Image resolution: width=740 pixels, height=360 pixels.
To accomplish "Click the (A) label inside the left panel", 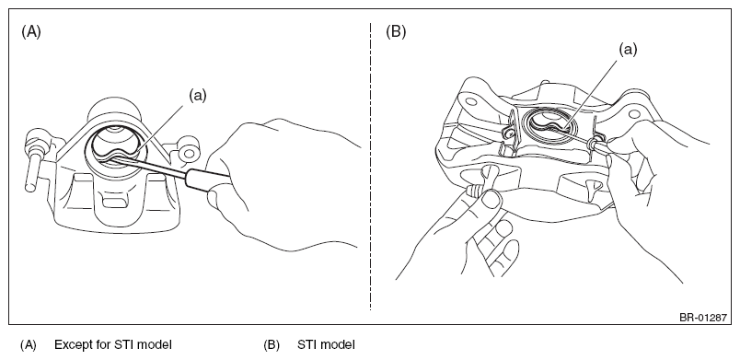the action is click(31, 32).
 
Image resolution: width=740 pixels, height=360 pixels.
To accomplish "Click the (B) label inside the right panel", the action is click(396, 32).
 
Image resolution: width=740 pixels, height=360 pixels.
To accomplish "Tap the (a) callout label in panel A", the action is click(198, 96).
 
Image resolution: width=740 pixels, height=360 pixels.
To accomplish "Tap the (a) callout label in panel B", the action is click(628, 50).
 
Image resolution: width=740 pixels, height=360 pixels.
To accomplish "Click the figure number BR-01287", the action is click(702, 318).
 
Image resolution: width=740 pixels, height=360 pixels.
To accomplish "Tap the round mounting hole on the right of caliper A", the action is click(189, 153).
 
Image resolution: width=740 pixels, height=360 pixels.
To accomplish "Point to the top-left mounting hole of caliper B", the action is click(471, 101).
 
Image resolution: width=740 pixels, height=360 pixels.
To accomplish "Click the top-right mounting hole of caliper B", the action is click(635, 112).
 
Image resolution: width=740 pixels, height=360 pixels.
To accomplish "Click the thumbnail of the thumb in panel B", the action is click(491, 200).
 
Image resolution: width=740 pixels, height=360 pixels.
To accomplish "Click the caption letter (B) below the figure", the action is click(272, 345).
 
